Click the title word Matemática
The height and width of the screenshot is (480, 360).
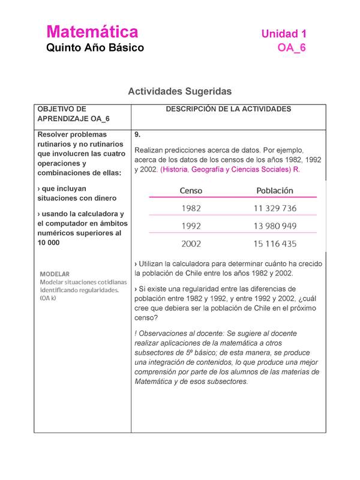(x=92, y=31)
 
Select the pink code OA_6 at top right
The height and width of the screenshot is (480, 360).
(x=292, y=48)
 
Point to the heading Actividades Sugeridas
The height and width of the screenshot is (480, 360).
(x=179, y=92)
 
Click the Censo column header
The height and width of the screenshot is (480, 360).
(x=191, y=191)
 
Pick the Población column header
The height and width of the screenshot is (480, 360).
(x=274, y=190)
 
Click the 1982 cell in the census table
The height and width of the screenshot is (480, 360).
(x=191, y=209)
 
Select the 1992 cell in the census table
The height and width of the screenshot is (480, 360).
(x=191, y=226)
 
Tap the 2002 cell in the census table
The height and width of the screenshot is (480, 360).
(x=191, y=244)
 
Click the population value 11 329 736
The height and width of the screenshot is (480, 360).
(x=275, y=209)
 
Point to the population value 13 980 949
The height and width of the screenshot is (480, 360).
(x=275, y=226)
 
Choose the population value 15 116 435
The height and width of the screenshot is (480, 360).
(x=275, y=244)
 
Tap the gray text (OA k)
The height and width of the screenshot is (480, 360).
(x=48, y=298)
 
